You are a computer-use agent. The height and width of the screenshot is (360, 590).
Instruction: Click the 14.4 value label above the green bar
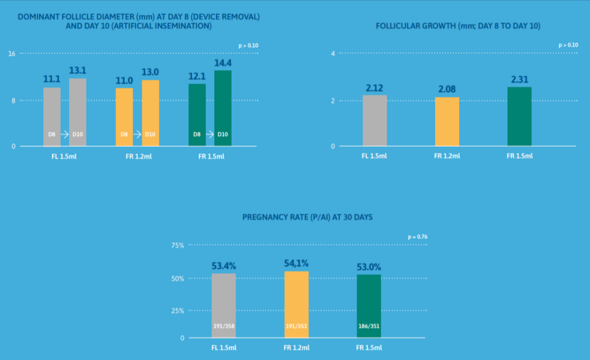click(x=223, y=63)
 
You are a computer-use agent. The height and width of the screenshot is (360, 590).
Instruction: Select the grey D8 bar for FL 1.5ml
click(x=52, y=117)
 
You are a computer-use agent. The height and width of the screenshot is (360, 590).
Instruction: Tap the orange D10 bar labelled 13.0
click(x=150, y=113)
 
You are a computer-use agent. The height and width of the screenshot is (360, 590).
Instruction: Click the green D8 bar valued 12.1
click(x=197, y=115)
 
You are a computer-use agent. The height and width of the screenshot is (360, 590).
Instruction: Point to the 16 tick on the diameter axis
click(x=12, y=54)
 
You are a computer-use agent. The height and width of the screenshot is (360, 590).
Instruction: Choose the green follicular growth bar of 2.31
click(x=520, y=116)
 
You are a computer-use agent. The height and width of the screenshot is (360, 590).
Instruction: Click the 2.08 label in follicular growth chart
click(x=447, y=89)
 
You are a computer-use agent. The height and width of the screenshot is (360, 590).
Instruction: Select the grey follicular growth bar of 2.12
click(x=375, y=120)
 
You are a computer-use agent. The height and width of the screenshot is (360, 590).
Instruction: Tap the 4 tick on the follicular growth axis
click(x=333, y=54)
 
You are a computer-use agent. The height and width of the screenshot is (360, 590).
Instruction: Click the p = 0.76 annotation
click(x=418, y=237)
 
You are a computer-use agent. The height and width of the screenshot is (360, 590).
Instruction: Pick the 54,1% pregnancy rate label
click(x=296, y=263)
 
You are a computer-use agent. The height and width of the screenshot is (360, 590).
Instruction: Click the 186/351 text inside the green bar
click(x=369, y=326)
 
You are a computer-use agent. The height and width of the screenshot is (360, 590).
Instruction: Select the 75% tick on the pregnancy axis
click(x=177, y=245)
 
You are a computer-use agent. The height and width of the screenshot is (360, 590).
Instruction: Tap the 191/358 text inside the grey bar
click(x=224, y=326)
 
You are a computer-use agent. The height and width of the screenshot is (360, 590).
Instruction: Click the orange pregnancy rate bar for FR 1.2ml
click(x=297, y=305)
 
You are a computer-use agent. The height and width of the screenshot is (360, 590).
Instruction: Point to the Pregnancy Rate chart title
click(x=308, y=217)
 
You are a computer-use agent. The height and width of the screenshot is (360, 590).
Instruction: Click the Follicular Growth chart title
click(x=458, y=26)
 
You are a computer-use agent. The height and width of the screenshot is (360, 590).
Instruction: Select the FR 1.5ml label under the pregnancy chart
click(x=369, y=347)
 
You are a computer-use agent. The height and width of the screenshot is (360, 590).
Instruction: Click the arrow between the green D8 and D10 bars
click(x=210, y=134)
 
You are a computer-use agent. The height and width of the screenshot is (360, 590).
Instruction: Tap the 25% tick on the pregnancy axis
click(x=177, y=310)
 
